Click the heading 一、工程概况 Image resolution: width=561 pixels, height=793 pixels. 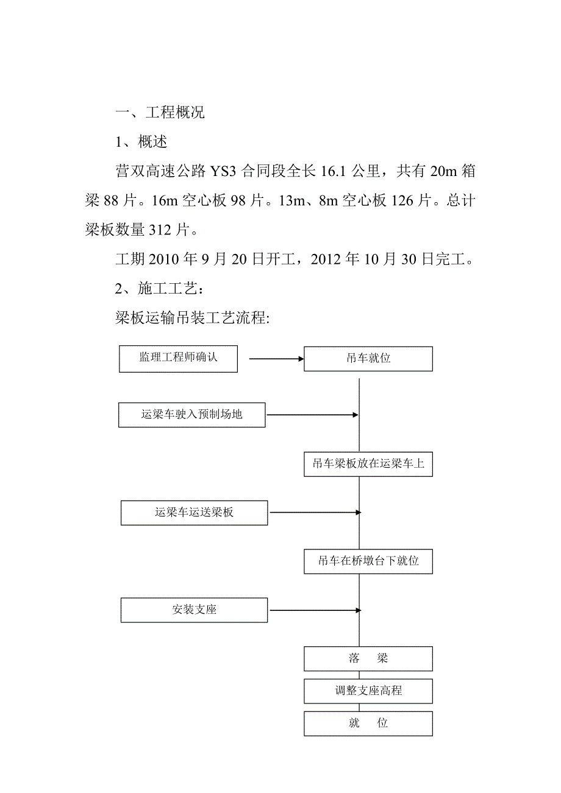point(160,113)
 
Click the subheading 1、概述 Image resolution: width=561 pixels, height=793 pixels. point(141,143)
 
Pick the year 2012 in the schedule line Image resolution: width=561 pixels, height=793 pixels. point(327,260)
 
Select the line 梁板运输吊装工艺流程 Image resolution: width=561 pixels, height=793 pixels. point(192,319)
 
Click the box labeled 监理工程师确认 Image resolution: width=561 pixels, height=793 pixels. point(178,359)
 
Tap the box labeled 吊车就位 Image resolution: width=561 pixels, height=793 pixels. point(368,359)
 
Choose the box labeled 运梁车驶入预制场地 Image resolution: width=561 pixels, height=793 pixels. point(192,415)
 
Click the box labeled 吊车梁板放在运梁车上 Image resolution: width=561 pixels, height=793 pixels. point(368,464)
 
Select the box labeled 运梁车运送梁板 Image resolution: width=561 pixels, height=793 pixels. point(194,513)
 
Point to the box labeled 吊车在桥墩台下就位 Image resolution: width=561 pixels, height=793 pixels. point(368,562)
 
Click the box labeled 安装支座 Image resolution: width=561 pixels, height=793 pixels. point(194,610)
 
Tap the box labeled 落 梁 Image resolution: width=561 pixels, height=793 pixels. point(368,659)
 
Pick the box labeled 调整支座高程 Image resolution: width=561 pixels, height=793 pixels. point(368,691)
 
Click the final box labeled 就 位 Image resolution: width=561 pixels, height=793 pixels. point(368,724)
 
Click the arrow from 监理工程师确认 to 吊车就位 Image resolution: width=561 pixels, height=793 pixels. point(276,359)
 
